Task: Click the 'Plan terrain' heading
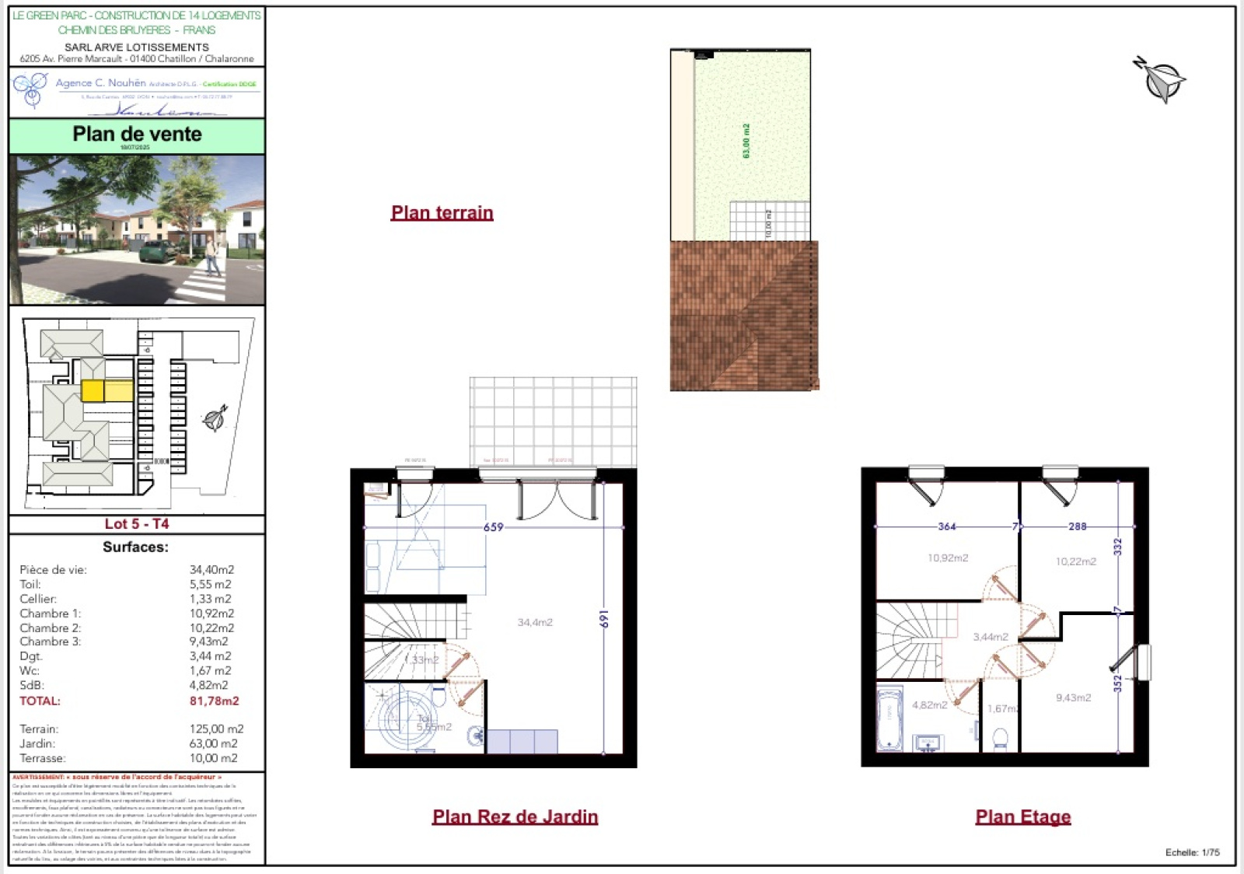pyautogui.click(x=442, y=212)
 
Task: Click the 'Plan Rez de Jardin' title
pyautogui.click(x=515, y=816)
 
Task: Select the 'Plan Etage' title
pyautogui.click(x=1022, y=816)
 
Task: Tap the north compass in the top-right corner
pyautogui.click(x=1160, y=79)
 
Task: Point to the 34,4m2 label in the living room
pyautogui.click(x=535, y=622)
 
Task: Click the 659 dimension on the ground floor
pyautogui.click(x=494, y=527)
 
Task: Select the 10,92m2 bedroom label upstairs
pyautogui.click(x=948, y=558)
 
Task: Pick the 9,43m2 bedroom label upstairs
pyautogui.click(x=1073, y=697)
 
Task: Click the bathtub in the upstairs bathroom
pyautogui.click(x=889, y=719)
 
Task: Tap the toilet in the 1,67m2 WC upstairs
pyautogui.click(x=1001, y=737)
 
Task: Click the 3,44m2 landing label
pyautogui.click(x=991, y=637)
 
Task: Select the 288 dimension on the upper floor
pyautogui.click(x=1077, y=526)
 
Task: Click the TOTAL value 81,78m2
pyautogui.click(x=214, y=701)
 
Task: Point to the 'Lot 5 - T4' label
pyautogui.click(x=137, y=523)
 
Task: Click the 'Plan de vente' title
pyautogui.click(x=137, y=134)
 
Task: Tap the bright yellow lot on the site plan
pyautogui.click(x=93, y=390)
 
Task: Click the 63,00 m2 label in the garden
pyautogui.click(x=746, y=141)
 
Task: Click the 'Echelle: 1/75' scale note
pyautogui.click(x=1192, y=852)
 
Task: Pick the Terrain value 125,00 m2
pyautogui.click(x=216, y=729)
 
